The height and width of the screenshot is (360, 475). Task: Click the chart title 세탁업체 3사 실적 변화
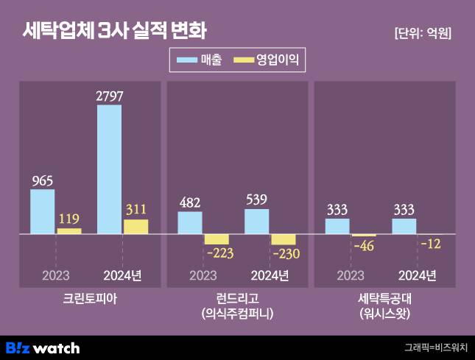[114, 31]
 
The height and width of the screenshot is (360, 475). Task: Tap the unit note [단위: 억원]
[423, 33]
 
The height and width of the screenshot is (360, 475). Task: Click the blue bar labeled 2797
[109, 169]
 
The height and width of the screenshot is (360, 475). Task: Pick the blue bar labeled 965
[43, 212]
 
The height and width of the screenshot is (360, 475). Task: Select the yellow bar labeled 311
[136, 227]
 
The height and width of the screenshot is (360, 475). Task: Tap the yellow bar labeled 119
[69, 231]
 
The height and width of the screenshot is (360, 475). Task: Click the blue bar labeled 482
[190, 223]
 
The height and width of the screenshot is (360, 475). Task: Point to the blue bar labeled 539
[256, 222]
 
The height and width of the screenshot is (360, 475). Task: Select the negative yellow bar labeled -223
[217, 239]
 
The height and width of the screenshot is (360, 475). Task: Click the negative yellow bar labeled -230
[283, 239]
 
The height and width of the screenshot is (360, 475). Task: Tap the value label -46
[364, 245]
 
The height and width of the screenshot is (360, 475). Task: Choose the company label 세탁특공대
[384, 299]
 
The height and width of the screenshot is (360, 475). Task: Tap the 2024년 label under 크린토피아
[122, 275]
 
